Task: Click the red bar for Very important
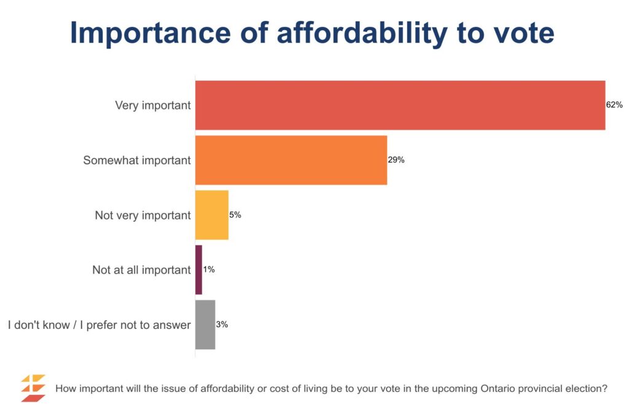pos(400,105)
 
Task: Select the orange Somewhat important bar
pos(291,160)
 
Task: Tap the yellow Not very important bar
pos(212,215)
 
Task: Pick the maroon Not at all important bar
pos(198,270)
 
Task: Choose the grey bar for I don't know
pos(205,325)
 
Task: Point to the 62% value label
pos(614,105)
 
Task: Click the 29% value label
pos(396,160)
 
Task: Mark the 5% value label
pos(235,215)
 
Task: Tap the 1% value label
pos(208,270)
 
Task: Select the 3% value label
pos(222,325)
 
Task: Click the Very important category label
pos(153,105)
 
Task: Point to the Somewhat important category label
pos(137,160)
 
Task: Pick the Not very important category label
pos(143,215)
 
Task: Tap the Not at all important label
pos(141,270)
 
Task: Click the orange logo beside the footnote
pos(33,389)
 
